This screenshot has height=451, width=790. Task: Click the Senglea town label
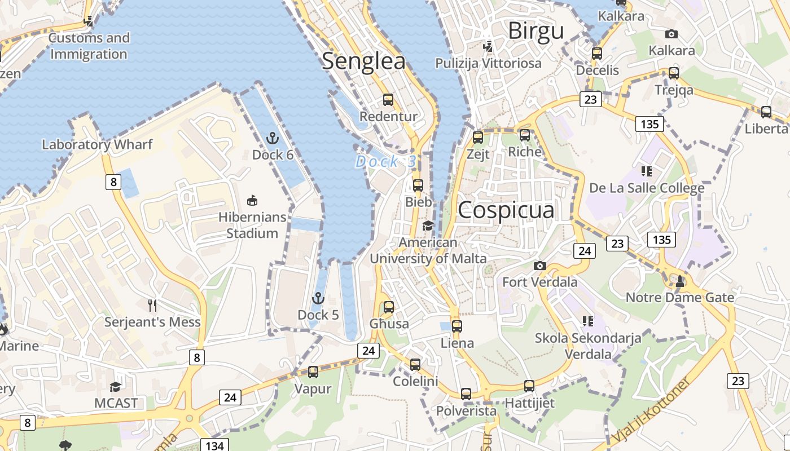(363, 61)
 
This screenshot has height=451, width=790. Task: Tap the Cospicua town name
(506, 210)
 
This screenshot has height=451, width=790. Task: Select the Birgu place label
(536, 31)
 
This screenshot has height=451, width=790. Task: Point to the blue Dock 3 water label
(386, 162)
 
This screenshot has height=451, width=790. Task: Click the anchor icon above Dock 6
(273, 138)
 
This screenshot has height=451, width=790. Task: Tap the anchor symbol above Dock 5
(318, 298)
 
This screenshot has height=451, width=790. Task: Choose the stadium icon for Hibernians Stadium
(252, 200)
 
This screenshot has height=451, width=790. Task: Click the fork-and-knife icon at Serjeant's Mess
(152, 306)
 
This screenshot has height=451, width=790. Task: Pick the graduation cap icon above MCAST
(116, 387)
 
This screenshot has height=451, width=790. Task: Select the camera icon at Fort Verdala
(540, 266)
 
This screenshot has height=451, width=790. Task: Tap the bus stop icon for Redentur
(388, 100)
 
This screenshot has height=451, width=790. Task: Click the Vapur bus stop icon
(313, 372)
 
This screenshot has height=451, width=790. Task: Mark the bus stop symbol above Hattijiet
(529, 386)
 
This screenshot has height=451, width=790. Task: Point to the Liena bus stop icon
(457, 326)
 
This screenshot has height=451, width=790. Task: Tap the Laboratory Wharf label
(97, 144)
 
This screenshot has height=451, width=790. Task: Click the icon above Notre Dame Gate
(680, 280)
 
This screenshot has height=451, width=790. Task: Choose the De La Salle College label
(647, 188)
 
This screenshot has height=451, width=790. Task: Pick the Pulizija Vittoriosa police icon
(488, 46)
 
